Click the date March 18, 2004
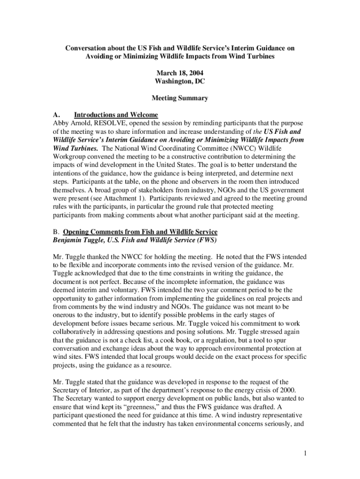point(180,73)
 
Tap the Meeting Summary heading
point(180,98)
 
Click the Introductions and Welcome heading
point(116,115)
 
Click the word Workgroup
point(70,157)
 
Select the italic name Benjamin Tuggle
point(79,240)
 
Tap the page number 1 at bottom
point(304,453)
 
